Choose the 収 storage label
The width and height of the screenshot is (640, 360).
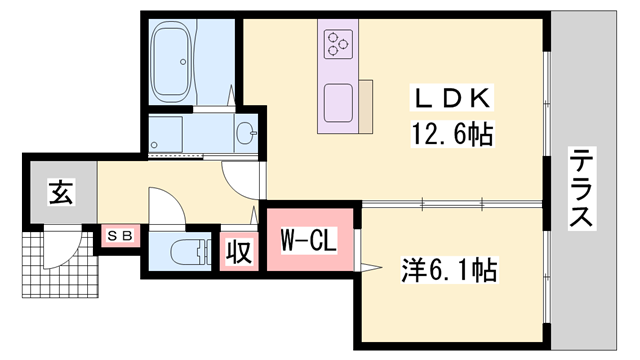[x=238, y=250]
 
